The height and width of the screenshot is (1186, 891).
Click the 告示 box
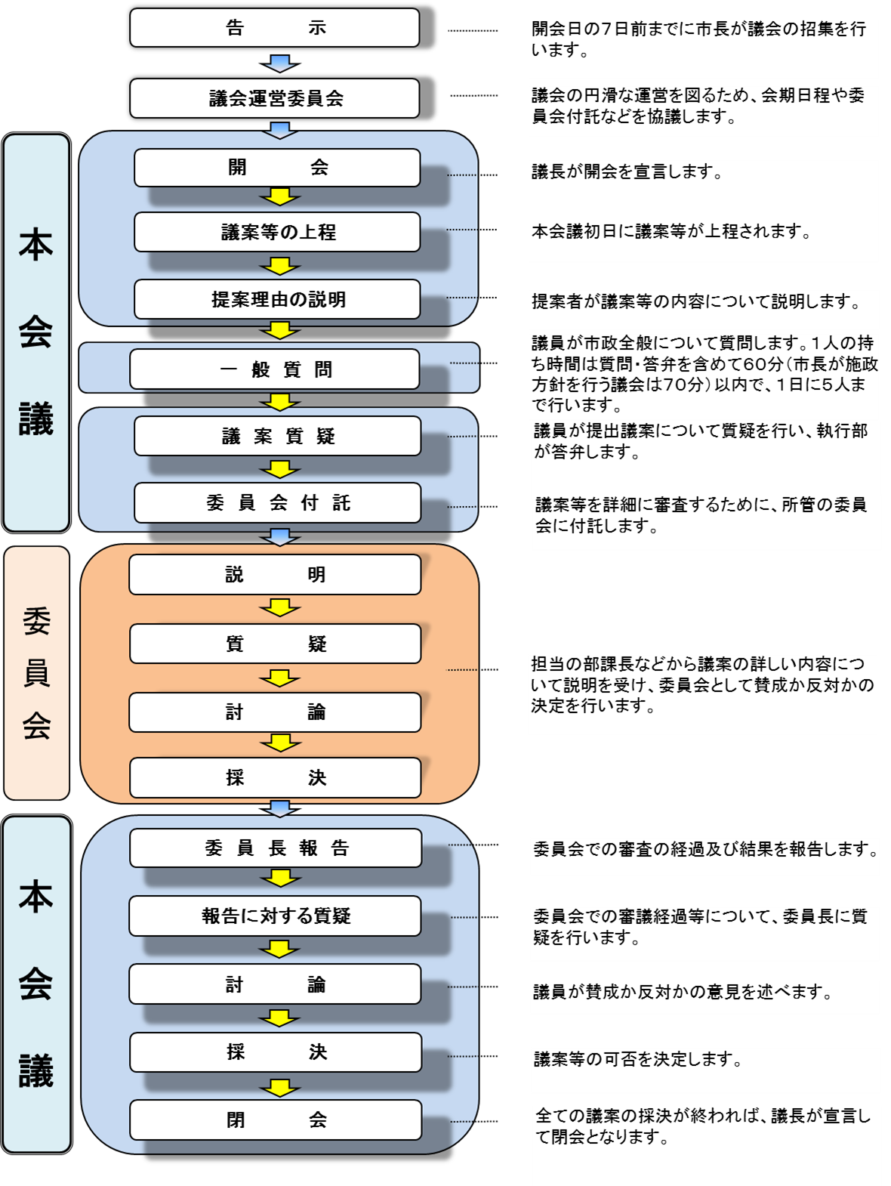275,28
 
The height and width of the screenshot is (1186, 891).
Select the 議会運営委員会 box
275,98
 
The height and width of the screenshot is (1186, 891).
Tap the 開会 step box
277,168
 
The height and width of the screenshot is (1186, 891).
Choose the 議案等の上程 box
277,232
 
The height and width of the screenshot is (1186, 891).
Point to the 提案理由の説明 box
277,299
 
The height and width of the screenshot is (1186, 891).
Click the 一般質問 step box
275,369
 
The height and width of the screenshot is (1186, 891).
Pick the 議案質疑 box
277,436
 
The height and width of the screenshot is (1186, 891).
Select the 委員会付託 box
277,502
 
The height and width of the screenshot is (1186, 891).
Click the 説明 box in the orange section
275,575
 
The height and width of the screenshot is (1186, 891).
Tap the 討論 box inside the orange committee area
275,712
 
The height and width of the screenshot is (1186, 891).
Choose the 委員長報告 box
276,848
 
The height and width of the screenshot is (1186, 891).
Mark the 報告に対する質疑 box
275,916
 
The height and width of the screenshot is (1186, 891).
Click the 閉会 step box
276,1120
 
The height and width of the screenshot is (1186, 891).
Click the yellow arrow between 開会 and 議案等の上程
280,197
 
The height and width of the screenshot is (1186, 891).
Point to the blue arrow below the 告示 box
280,63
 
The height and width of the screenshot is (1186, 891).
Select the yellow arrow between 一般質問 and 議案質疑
280,402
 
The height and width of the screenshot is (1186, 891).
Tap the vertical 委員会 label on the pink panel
36,672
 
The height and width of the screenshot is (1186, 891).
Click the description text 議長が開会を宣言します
627,172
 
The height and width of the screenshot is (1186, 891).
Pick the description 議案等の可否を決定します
638,1060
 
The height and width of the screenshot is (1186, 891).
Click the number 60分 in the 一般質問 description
763,364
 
